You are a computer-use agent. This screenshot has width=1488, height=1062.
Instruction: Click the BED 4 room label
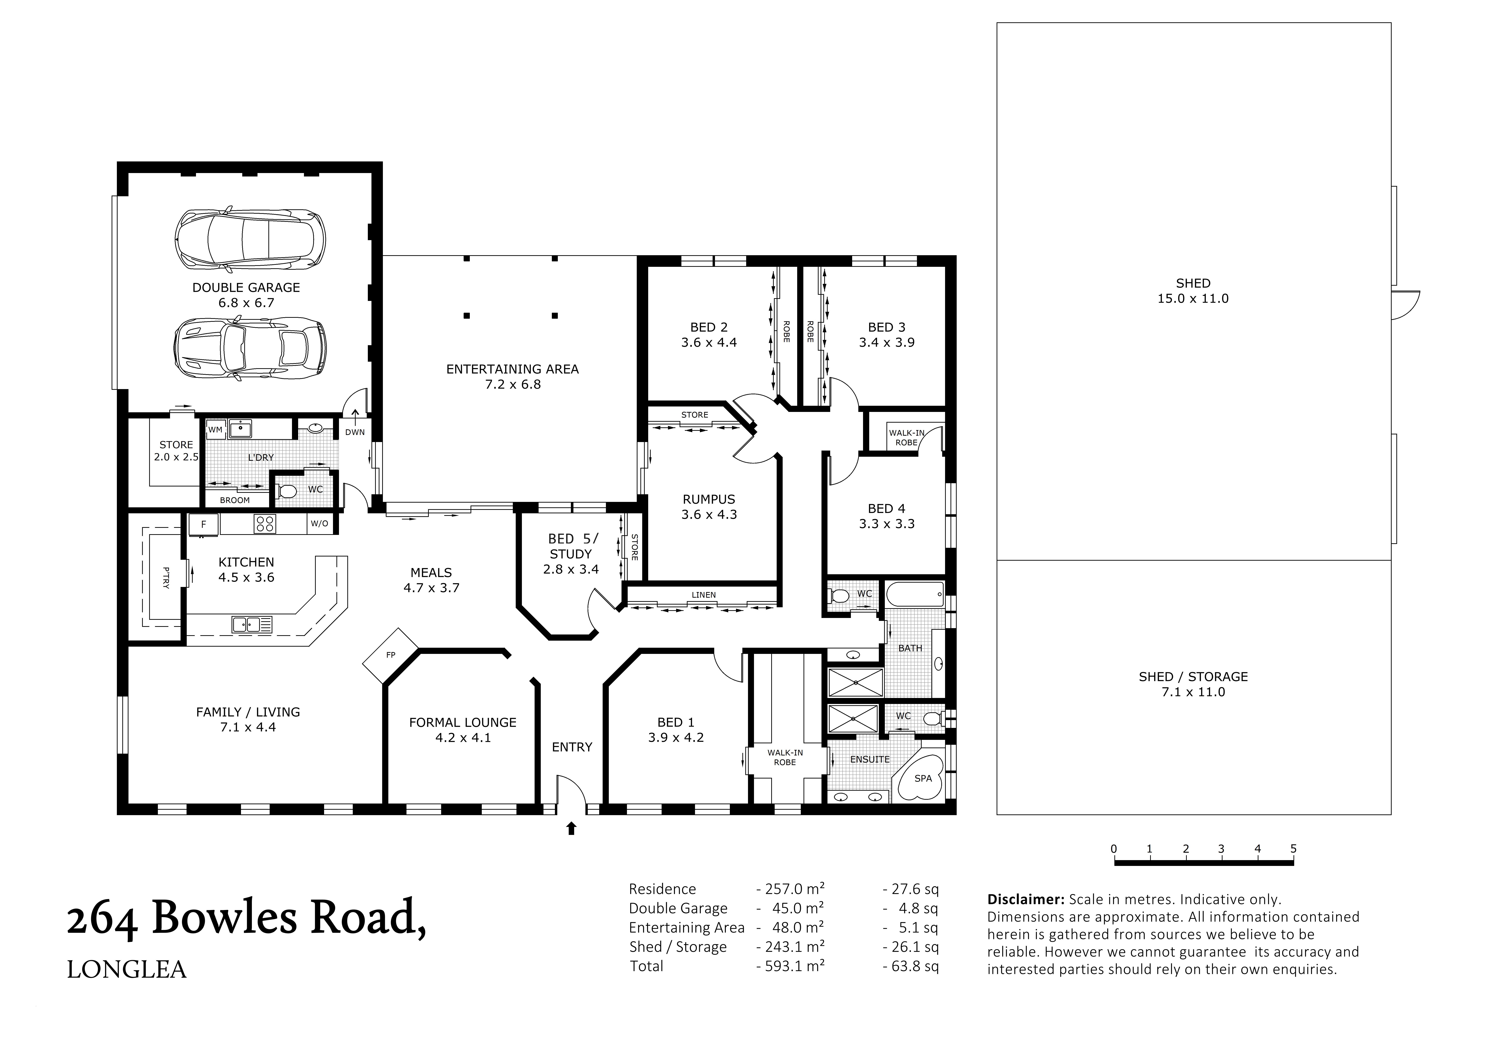886,508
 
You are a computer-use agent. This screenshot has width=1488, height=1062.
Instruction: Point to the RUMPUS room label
709,499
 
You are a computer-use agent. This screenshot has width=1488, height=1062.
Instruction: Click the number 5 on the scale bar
1293,849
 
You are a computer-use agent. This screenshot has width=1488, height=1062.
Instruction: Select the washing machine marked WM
215,430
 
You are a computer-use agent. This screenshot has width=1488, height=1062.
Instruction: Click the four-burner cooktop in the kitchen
265,524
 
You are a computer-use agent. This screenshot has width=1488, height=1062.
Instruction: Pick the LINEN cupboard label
704,594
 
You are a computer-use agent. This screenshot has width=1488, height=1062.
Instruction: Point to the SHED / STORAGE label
1193,677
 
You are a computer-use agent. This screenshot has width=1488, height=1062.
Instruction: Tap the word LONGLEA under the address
127,970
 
